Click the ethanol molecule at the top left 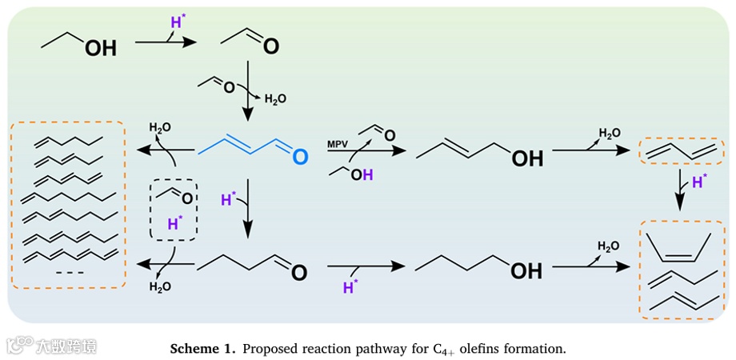(x=79, y=43)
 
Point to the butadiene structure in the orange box (x=677, y=150)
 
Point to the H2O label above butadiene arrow (x=610, y=133)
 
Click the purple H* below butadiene (x=699, y=182)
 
